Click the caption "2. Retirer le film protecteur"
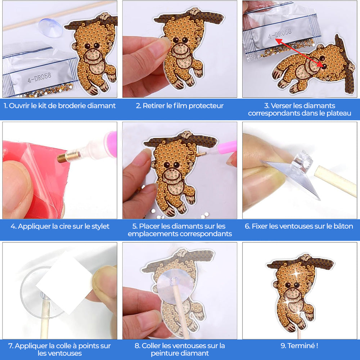(x=180, y=105)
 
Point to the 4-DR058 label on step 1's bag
(x=40, y=78)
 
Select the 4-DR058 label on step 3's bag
(x=280, y=34)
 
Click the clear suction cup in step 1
(x=51, y=28)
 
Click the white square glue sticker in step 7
(x=65, y=282)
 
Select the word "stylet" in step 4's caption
(x=100, y=226)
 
